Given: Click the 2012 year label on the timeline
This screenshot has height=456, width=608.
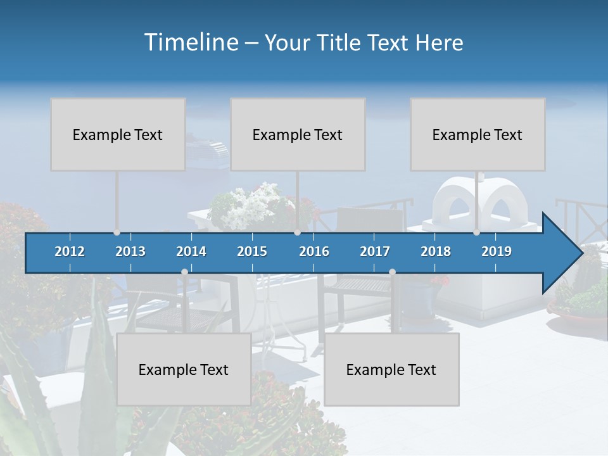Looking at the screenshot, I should pyautogui.click(x=70, y=251).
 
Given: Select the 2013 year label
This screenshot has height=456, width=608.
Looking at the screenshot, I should pyautogui.click(x=130, y=251).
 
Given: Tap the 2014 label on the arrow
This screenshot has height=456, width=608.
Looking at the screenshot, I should pyautogui.click(x=191, y=251).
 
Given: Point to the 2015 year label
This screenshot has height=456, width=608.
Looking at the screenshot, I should pyautogui.click(x=252, y=251).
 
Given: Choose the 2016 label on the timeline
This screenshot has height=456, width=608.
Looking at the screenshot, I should pyautogui.click(x=314, y=251).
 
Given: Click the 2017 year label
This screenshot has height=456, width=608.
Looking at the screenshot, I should pyautogui.click(x=375, y=251).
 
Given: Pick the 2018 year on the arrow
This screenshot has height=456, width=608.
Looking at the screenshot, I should pyautogui.click(x=436, y=251).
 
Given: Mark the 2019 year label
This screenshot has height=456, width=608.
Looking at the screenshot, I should pyautogui.click(x=497, y=251).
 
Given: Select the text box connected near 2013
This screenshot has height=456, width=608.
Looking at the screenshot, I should pyautogui.click(x=118, y=134).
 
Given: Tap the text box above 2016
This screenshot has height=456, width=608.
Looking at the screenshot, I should pyautogui.click(x=298, y=134).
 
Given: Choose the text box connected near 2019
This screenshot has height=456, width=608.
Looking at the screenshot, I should pyautogui.click(x=478, y=134).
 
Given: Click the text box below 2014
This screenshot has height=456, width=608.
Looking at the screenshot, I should pyautogui.click(x=184, y=369).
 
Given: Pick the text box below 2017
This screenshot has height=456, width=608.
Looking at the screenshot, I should pyautogui.click(x=391, y=369).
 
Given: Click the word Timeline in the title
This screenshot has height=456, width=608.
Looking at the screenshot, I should pyautogui.click(x=190, y=42).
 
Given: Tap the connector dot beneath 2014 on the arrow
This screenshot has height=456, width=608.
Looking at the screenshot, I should pyautogui.click(x=184, y=272).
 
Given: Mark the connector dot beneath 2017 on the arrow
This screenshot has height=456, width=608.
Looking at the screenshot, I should pyautogui.click(x=392, y=272).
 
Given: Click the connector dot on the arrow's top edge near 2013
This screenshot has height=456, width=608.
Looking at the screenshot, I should pyautogui.click(x=117, y=232).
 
